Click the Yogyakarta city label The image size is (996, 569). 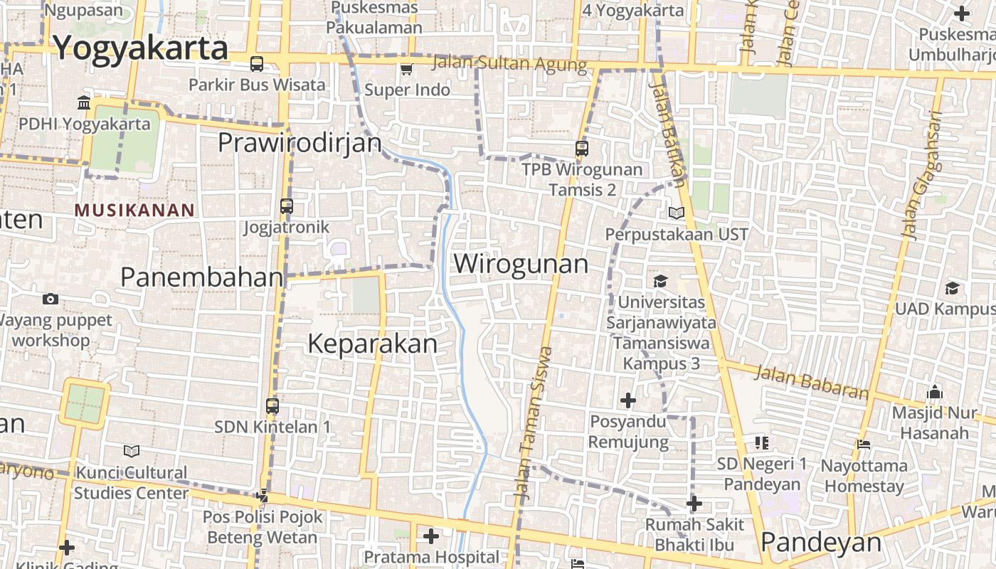tap(141, 48)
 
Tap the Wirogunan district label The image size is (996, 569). tap(521, 264)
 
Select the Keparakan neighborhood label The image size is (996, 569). tap(372, 344)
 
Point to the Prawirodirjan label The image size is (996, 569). tap(300, 143)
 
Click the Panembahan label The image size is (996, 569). tap(202, 277)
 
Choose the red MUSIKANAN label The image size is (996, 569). tap(134, 211)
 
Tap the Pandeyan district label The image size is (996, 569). tap(821, 543)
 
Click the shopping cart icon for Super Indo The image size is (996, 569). tap(406, 69)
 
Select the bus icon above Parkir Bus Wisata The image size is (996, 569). tap(257, 64)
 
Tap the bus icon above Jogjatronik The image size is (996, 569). tap(287, 206)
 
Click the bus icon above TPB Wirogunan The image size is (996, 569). tap(582, 149)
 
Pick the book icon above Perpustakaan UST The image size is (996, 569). tap(676, 213)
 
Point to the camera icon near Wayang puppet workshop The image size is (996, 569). tap(51, 299)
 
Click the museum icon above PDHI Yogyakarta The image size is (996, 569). tap(84, 103)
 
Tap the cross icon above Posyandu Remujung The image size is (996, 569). tap(627, 401)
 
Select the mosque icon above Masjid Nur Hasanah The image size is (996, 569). tap(935, 392)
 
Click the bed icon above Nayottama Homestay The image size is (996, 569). tap(864, 445)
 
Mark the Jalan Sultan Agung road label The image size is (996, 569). tap(509, 63)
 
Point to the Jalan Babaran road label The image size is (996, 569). tap(812, 382)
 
